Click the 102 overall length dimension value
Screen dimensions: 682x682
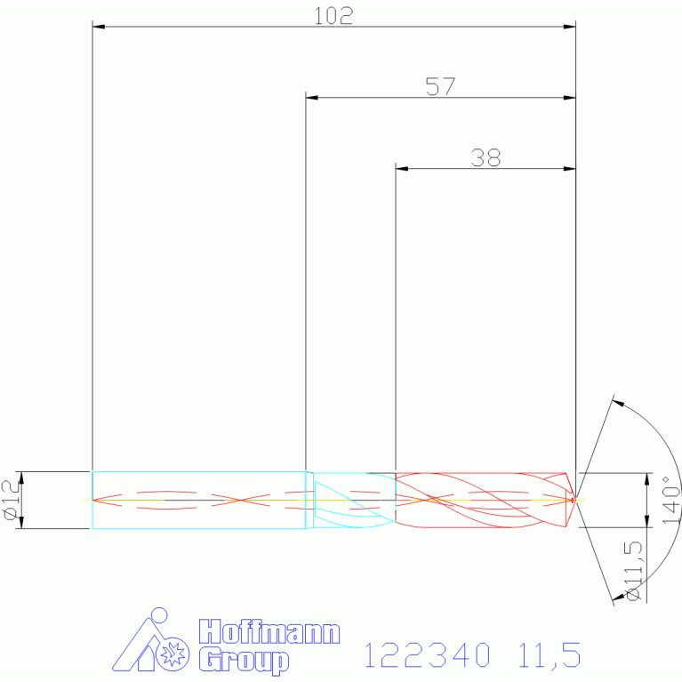(x=333, y=16)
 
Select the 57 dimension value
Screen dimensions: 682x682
(x=441, y=86)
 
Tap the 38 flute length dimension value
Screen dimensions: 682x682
(x=485, y=157)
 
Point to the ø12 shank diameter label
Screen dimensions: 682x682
(x=12, y=500)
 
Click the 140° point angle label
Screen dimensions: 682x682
(x=671, y=500)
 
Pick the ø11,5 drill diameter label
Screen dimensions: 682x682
(x=633, y=571)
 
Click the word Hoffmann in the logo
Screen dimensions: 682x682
(x=269, y=632)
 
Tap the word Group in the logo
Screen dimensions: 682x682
(x=244, y=661)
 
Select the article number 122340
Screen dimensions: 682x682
(x=427, y=655)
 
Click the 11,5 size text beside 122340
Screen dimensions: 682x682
(x=550, y=655)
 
